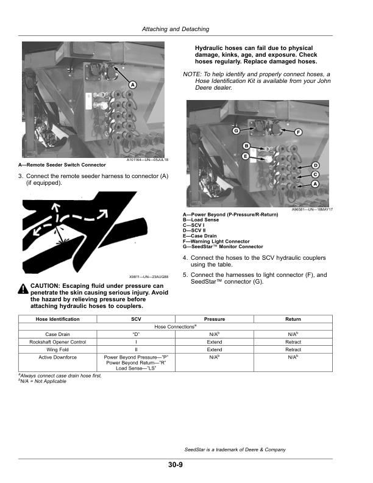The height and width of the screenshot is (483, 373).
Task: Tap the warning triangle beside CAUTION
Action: point(23,287)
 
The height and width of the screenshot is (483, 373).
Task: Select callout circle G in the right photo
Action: point(235,132)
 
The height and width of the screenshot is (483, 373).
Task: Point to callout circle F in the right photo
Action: point(299,132)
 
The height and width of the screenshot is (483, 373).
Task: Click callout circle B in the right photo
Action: point(246,145)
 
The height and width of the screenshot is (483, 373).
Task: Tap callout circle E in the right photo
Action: point(244,157)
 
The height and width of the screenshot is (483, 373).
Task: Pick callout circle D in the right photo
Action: point(316,166)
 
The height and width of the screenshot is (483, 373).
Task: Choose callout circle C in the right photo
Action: point(316,174)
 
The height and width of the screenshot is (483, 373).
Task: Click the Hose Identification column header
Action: point(58,319)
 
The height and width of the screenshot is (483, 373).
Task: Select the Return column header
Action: point(293,319)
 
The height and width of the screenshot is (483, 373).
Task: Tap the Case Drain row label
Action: point(58,334)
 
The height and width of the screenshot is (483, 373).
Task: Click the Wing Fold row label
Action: point(58,350)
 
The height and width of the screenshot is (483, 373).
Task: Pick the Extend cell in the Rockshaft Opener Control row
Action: point(215,342)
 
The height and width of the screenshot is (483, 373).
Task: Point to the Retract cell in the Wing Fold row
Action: point(293,350)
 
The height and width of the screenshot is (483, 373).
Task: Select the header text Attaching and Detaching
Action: point(175,29)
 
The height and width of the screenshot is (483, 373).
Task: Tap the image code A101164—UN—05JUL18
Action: point(147,160)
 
